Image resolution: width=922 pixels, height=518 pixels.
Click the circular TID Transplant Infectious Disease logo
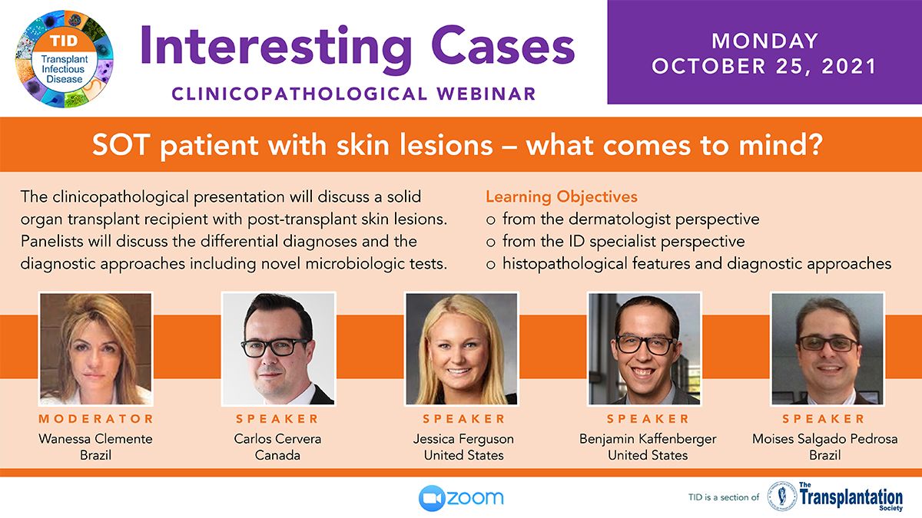(65, 59)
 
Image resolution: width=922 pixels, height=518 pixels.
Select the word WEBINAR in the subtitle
(486, 94)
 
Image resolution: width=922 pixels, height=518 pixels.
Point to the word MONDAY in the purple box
(764, 41)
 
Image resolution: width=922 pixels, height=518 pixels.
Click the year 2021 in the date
(849, 66)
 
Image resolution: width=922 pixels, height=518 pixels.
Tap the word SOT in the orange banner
(120, 145)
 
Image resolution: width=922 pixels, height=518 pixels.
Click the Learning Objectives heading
(562, 196)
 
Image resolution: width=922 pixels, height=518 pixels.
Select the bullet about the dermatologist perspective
(623, 219)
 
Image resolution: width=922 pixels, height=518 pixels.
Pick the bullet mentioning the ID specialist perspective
(615, 241)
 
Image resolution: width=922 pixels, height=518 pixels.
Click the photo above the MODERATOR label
(95, 348)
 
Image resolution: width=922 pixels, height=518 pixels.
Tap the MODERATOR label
(96, 418)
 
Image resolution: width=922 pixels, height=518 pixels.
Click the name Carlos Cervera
(277, 439)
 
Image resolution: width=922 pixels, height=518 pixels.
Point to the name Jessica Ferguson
(463, 439)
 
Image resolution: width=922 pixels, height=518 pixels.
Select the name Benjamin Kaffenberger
(648, 439)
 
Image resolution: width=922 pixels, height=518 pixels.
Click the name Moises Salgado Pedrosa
(825, 439)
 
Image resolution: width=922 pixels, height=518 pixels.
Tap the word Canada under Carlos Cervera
(277, 455)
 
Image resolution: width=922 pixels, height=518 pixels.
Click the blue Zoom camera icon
(431, 498)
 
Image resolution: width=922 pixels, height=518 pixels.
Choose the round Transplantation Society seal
(782, 497)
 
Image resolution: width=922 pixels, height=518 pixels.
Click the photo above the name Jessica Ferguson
(462, 348)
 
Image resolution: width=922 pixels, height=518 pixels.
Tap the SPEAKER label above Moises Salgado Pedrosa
(823, 418)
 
